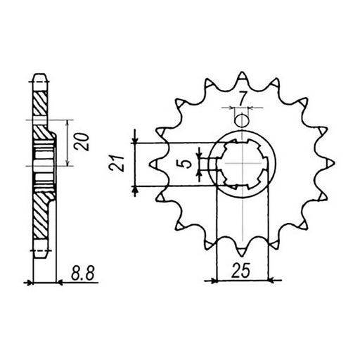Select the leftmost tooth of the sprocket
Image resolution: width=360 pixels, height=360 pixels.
(x=154, y=164)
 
